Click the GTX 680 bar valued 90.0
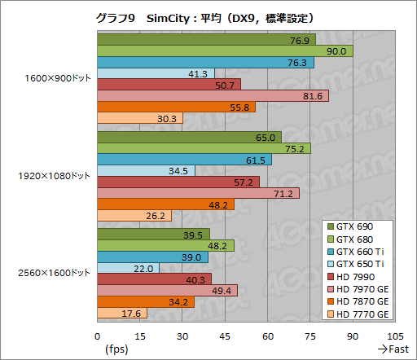225,51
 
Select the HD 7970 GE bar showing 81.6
213,96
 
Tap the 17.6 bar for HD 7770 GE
122,314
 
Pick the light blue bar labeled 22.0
128,268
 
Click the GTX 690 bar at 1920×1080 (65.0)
189,138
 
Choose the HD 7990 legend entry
358,277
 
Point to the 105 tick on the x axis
394,336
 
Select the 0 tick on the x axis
98,336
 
